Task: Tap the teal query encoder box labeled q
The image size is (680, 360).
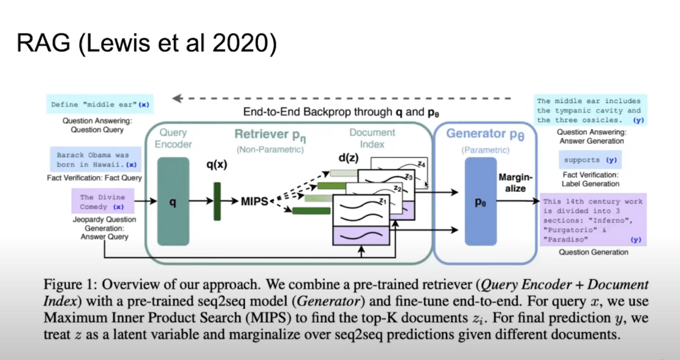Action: click(x=173, y=201)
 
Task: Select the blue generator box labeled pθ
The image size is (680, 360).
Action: click(x=480, y=201)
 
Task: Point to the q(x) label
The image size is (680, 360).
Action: click(x=217, y=165)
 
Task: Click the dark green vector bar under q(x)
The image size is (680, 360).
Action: click(x=217, y=201)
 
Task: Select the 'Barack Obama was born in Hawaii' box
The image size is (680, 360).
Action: click(x=95, y=160)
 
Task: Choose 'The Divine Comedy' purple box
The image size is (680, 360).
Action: click(x=102, y=202)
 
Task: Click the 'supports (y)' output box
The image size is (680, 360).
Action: click(x=590, y=160)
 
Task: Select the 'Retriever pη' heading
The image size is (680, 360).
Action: click(x=270, y=135)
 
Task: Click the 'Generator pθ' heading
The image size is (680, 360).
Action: click(x=485, y=134)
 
